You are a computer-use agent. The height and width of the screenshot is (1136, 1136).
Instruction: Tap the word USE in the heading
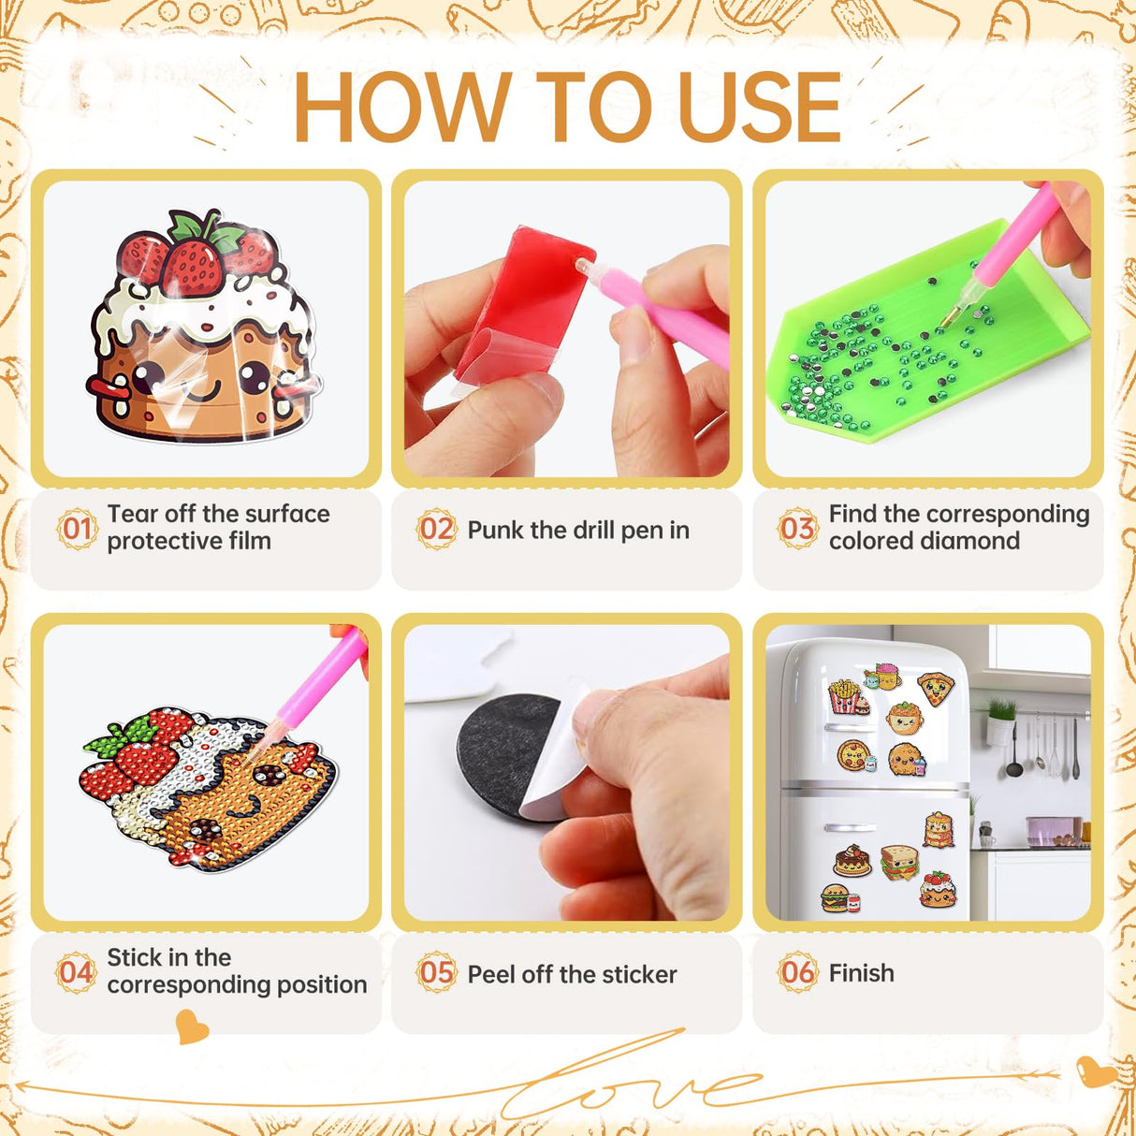759,108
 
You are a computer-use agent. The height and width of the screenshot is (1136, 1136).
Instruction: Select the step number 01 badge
76,529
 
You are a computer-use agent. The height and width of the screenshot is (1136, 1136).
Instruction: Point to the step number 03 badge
797,529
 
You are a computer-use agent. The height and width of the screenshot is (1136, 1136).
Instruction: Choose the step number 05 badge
436,973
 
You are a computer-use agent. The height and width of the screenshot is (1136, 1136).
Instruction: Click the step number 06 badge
797,973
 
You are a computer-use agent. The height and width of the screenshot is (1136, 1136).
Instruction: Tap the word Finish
861,973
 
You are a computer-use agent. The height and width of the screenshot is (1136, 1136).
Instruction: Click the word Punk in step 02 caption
495,531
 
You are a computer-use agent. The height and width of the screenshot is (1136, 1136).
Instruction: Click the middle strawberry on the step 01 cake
193,266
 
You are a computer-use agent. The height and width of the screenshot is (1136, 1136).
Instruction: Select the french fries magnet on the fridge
845,696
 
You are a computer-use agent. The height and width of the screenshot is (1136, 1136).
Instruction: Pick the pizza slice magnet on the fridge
935,688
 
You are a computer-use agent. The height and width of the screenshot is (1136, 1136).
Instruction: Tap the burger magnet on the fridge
836,898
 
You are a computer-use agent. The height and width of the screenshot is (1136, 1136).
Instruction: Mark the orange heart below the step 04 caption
192,1027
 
